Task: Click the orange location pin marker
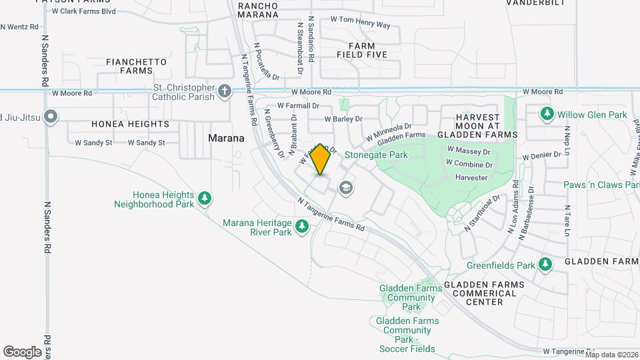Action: tap(321, 159)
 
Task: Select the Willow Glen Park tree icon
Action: tap(547, 114)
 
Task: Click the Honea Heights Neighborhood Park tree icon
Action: tap(205, 198)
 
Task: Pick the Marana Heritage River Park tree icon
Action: tap(302, 227)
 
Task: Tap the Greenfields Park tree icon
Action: tap(545, 265)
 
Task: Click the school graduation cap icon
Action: tap(345, 188)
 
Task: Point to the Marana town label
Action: tap(226, 138)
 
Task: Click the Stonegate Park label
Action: tap(376, 155)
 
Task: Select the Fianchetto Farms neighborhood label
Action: tap(136, 66)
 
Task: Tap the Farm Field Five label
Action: tap(361, 50)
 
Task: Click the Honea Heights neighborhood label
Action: tap(130, 124)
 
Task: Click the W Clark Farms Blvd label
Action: tap(83, 11)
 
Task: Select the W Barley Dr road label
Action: tap(343, 119)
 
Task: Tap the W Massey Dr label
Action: tap(469, 150)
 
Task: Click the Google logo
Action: tap(22, 351)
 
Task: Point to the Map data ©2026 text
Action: tap(611, 355)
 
